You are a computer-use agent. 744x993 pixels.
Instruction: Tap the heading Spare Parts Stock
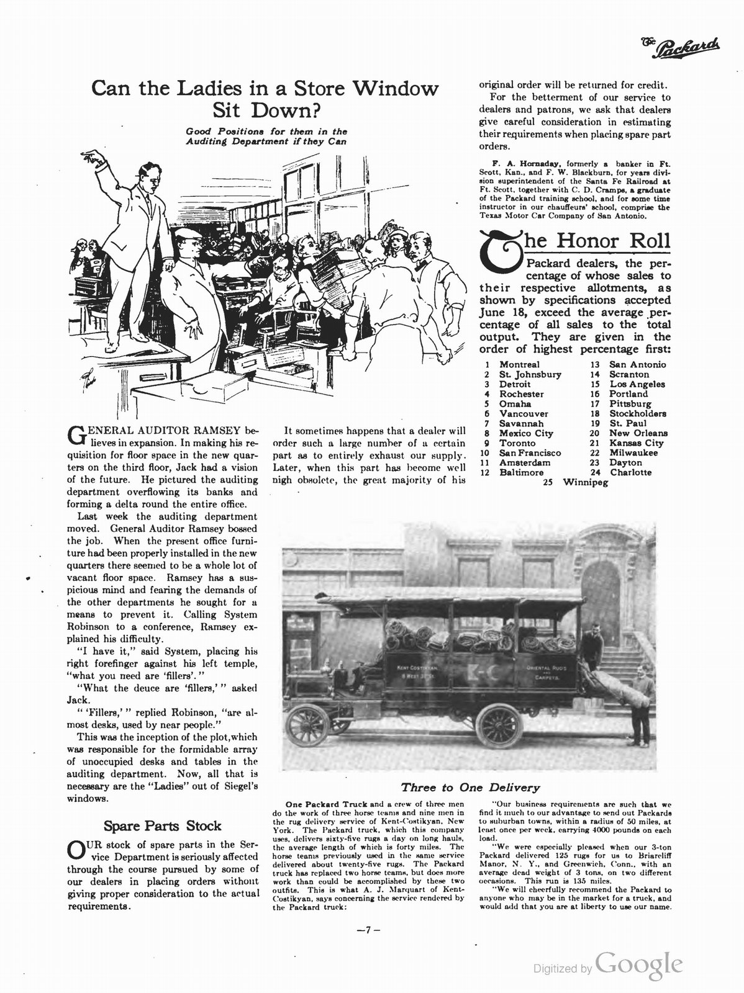click(162, 825)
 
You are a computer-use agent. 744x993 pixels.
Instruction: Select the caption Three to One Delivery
click(470, 788)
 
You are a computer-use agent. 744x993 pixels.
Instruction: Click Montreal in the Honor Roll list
click(519, 364)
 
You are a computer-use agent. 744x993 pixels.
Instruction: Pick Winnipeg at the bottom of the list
click(585, 482)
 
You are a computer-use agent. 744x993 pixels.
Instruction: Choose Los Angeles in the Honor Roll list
click(637, 384)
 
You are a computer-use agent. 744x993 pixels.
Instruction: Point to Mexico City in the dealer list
click(526, 433)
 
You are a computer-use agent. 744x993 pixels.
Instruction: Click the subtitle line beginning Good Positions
click(266, 132)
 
